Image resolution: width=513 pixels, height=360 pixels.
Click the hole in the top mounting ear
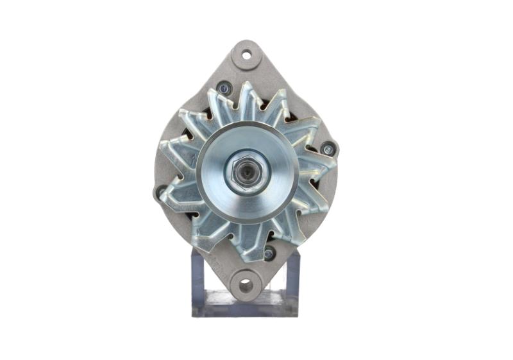click(x=246, y=55)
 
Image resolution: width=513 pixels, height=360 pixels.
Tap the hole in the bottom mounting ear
click(x=245, y=285)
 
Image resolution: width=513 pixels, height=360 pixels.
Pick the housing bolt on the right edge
click(x=328, y=150)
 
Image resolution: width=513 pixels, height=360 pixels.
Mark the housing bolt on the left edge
click(x=161, y=192)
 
